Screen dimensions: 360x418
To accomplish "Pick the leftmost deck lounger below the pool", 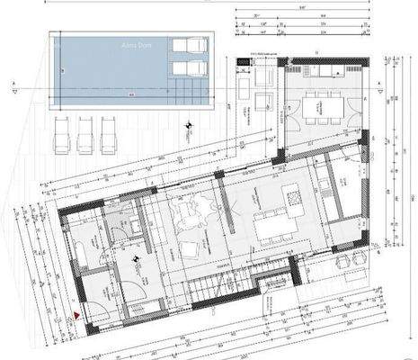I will [64, 133].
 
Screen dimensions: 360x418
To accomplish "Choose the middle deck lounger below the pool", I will [85, 133].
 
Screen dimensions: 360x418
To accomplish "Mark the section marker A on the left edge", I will [14, 87].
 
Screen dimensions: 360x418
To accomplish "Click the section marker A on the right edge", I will [381, 87].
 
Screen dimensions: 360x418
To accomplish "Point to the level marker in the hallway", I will [134, 261].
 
